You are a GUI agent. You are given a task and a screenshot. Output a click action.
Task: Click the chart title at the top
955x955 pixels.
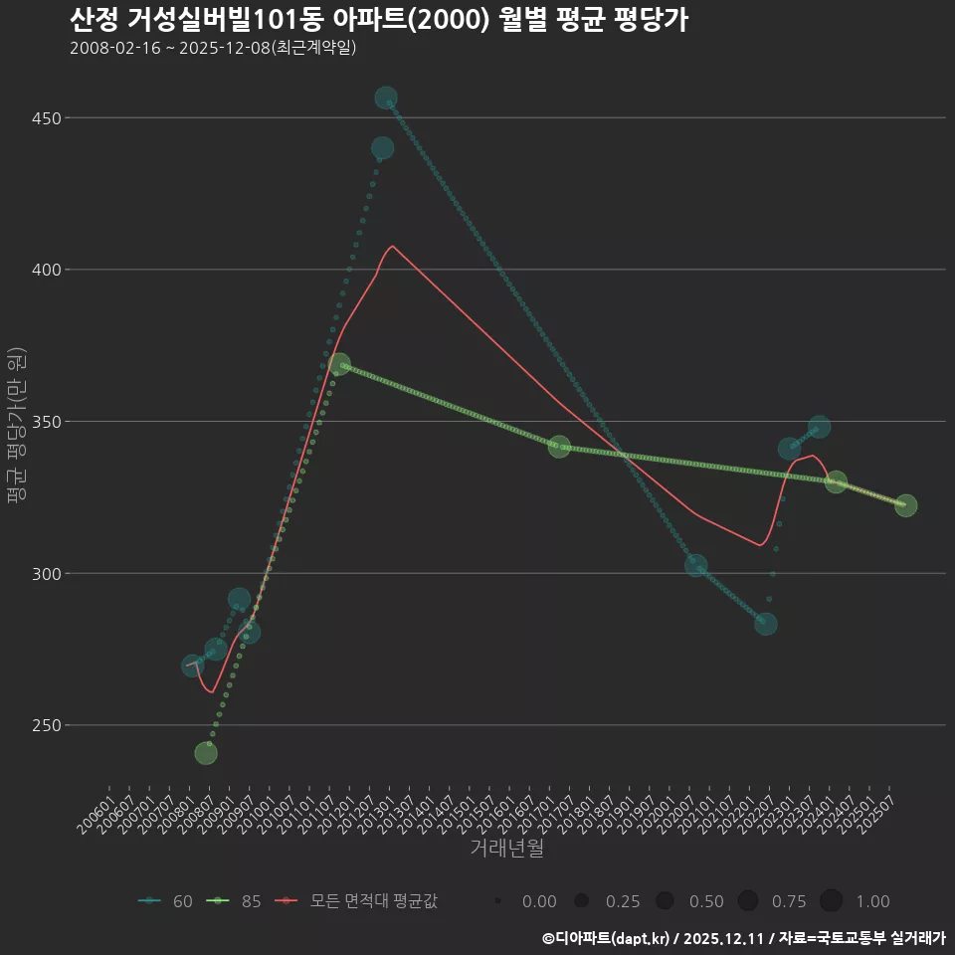point(379,20)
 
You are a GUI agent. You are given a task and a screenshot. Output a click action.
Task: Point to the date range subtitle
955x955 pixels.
point(213,48)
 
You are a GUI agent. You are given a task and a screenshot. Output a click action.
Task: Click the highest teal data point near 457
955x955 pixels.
point(386,98)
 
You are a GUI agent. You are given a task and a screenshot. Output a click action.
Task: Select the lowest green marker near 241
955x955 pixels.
point(206,753)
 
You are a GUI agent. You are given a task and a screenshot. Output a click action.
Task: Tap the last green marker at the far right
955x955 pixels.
point(905,505)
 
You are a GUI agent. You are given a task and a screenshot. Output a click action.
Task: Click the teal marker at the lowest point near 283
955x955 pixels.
point(765,624)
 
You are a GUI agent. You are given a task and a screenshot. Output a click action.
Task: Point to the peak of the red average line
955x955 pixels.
point(393,246)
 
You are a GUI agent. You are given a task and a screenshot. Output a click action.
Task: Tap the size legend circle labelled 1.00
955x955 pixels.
point(832,901)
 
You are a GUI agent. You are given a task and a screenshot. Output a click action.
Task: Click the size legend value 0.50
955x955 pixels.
point(706,901)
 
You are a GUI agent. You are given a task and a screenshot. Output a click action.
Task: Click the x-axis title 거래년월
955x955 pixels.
point(506,849)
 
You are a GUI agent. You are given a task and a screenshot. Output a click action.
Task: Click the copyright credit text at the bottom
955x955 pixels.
point(743,938)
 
